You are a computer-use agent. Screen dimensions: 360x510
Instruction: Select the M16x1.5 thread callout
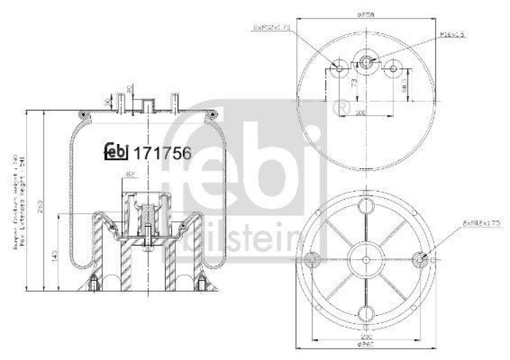pos(452,35)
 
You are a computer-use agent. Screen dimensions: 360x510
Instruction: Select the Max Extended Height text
pos(24,198)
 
